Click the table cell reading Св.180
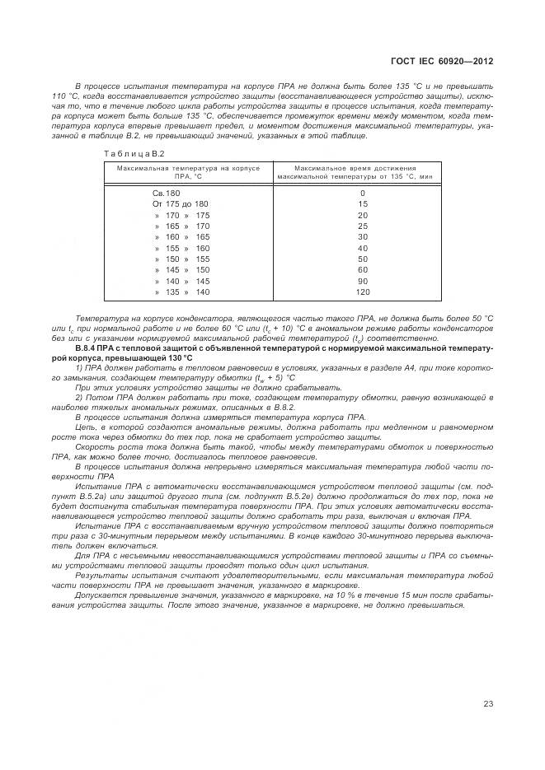click(166, 192)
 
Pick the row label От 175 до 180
click(181, 203)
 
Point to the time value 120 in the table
click(362, 292)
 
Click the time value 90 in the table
click(362, 281)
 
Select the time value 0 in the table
click(362, 192)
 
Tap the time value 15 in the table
click(362, 203)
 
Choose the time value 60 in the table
click(362, 270)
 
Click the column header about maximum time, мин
click(356, 172)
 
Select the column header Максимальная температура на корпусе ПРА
click(188, 172)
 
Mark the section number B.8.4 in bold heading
click(87, 348)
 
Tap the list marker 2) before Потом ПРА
click(79, 397)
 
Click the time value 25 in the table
click(362, 226)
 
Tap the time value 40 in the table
click(362, 248)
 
